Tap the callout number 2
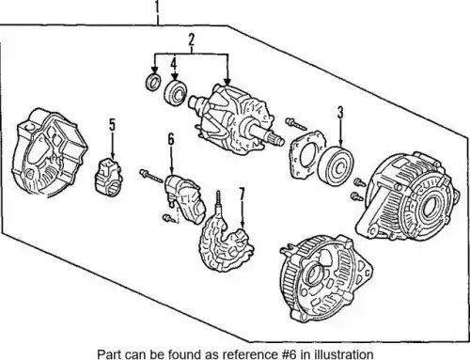(191, 39)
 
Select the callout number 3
(340, 113)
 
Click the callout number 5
(112, 124)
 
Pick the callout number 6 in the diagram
(171, 139)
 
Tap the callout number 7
(242, 195)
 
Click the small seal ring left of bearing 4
(153, 83)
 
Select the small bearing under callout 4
(176, 93)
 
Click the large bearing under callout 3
(336, 166)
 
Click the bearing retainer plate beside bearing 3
(305, 154)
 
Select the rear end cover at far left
(49, 152)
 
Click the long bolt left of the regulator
(151, 176)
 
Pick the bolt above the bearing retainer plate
(296, 124)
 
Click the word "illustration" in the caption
(337, 354)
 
